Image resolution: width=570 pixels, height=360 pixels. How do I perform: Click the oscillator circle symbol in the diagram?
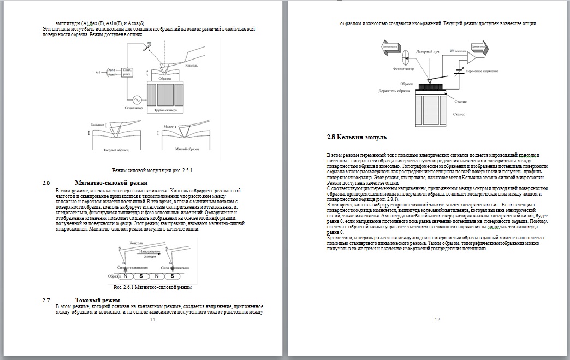[x=134, y=99]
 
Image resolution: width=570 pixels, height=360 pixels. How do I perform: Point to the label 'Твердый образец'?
[x=116, y=149]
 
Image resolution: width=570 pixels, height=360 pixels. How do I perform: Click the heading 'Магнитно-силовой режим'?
[x=112, y=182]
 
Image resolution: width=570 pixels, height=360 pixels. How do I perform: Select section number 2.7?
[x=46, y=300]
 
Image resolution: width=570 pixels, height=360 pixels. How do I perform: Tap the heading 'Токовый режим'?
[x=97, y=300]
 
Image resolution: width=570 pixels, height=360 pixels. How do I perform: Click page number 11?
[x=153, y=320]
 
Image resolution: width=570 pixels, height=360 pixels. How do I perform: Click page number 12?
[x=437, y=320]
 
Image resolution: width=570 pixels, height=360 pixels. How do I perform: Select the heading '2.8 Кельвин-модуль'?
[x=357, y=137]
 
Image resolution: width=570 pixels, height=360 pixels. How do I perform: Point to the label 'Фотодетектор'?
[x=403, y=69]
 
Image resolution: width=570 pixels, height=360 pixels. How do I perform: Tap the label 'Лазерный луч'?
[x=429, y=50]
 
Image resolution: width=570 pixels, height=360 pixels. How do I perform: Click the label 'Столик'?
[x=460, y=102]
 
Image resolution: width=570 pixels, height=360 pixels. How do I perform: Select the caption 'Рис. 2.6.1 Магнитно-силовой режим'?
[x=152, y=286]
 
